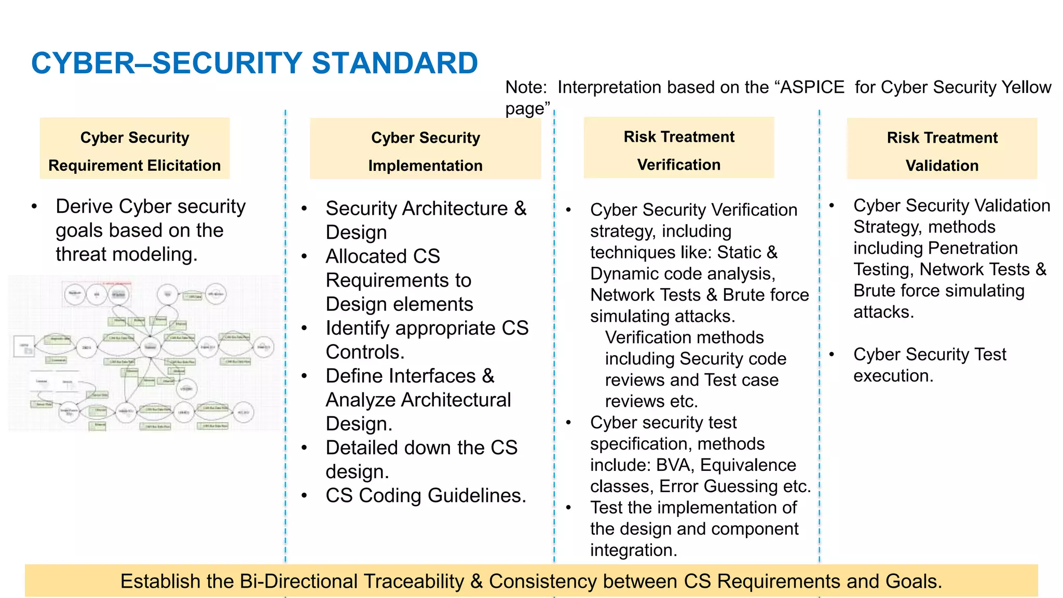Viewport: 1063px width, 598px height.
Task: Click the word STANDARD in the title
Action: coord(394,63)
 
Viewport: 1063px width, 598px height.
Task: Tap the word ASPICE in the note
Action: coord(812,87)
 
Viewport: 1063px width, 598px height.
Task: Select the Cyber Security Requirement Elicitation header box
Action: coord(134,149)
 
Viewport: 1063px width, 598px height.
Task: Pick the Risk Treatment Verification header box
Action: coord(678,148)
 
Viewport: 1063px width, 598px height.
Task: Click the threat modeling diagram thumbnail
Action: coord(144,354)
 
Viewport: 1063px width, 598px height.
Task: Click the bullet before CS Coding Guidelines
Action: coord(305,496)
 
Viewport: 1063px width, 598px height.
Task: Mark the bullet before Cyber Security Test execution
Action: coord(832,355)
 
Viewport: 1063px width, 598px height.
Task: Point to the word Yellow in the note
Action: coord(1026,87)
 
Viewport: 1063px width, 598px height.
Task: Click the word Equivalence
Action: coord(748,465)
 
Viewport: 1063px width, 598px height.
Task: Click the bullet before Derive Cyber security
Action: coord(34,207)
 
